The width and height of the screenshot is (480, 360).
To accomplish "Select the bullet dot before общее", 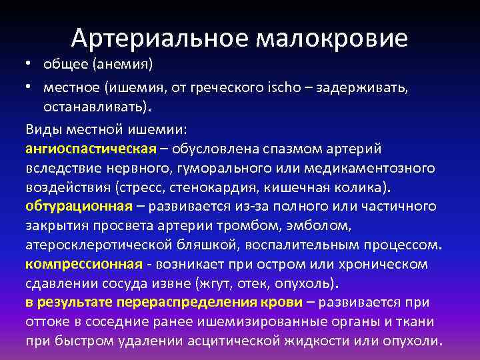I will tap(30, 65).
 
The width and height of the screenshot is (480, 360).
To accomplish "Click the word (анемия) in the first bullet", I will tap(123, 65).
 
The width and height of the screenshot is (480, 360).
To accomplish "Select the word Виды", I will tap(42, 128).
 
